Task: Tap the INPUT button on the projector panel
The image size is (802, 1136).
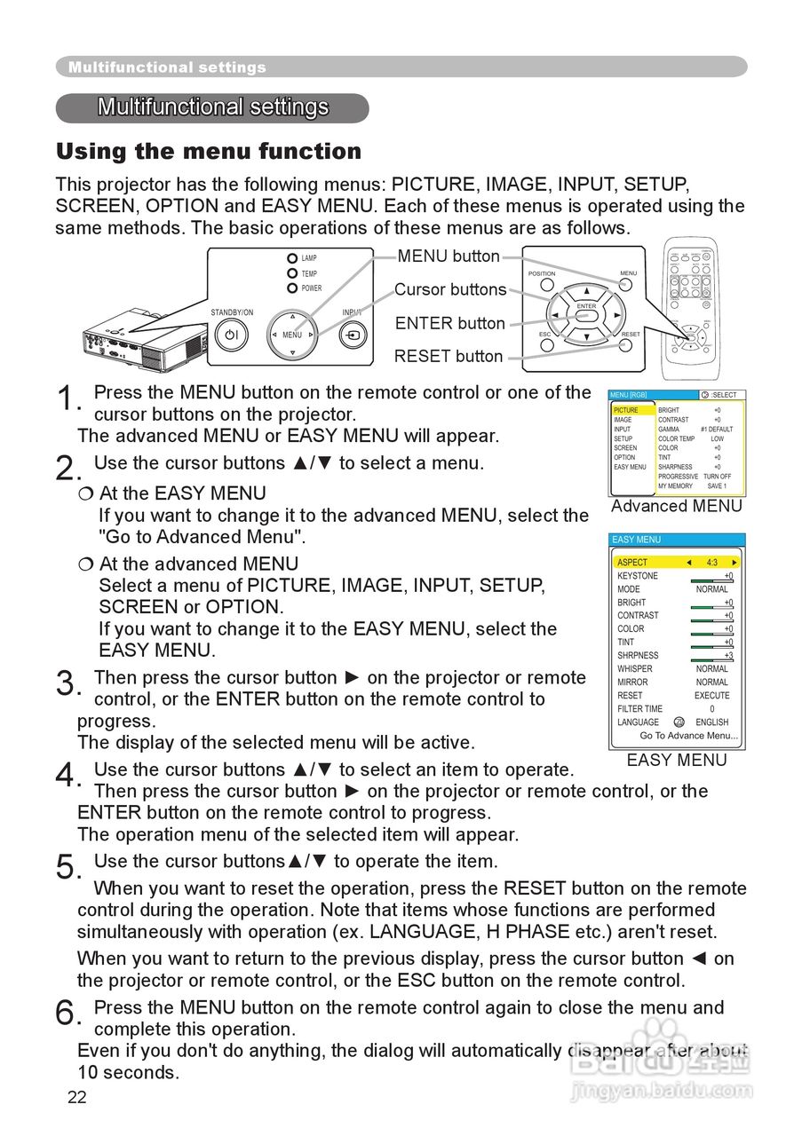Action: click(353, 336)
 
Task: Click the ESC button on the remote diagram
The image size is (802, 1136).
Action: click(546, 345)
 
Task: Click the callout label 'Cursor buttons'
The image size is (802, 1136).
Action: click(450, 289)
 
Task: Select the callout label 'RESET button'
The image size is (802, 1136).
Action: click(449, 357)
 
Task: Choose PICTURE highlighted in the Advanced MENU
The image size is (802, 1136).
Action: click(626, 410)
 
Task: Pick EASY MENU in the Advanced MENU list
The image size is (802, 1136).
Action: click(630, 467)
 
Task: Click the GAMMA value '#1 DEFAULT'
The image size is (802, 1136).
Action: click(717, 429)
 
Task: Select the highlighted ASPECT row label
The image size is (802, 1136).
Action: click(632, 563)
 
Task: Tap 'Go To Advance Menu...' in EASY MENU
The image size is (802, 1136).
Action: click(688, 736)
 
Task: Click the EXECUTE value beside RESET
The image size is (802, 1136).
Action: click(711, 696)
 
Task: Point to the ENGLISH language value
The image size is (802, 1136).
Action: click(711, 722)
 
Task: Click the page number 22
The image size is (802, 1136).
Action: click(77, 1098)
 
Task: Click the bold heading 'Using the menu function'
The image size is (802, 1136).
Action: click(209, 152)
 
